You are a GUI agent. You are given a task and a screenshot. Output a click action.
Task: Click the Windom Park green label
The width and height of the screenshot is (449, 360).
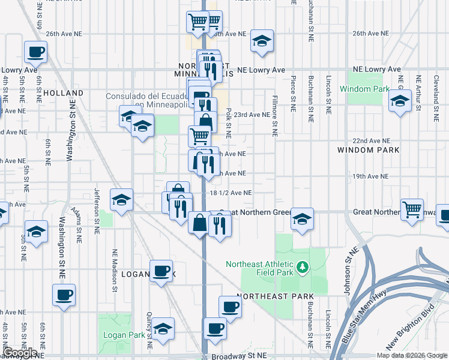click(x=364, y=89)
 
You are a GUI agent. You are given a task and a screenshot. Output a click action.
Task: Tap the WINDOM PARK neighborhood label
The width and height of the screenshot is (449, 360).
click(x=364, y=149)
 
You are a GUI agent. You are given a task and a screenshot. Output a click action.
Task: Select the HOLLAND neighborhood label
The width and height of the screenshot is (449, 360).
click(x=63, y=93)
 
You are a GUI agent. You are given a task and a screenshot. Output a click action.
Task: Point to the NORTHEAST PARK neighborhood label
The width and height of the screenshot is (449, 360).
click(x=275, y=297)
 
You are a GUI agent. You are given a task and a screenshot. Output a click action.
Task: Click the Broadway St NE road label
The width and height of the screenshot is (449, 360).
click(x=239, y=356)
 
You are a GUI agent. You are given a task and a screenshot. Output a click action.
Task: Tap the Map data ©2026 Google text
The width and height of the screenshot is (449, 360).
click(x=412, y=355)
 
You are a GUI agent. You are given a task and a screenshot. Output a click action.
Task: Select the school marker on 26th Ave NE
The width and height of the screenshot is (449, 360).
click(x=262, y=41)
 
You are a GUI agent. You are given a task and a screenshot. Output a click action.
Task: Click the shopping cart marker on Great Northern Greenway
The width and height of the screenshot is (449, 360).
click(x=412, y=211)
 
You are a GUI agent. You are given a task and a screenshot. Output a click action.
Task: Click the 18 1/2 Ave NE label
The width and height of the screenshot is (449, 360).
click(x=231, y=193)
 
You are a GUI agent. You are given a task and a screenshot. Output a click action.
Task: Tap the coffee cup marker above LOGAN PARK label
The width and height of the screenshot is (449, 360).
click(x=160, y=271)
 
